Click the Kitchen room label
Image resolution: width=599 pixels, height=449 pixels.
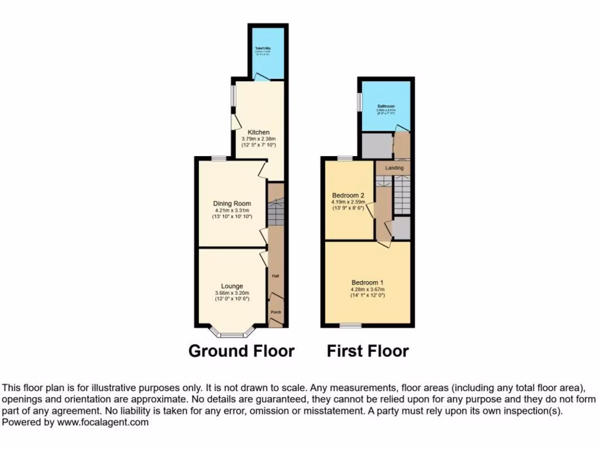coord(258,132)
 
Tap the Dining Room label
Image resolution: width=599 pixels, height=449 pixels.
coord(232,204)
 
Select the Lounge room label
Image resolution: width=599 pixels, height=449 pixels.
coord(232,286)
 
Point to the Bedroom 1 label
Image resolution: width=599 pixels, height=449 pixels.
coord(367,281)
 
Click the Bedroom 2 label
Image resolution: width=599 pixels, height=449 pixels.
coord(348,195)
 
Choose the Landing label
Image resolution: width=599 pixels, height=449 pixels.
coord(394,168)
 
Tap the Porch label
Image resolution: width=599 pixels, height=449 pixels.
coord(276,312)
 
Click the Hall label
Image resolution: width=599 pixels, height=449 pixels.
coord(275,276)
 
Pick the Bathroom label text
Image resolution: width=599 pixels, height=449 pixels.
coord(385,106)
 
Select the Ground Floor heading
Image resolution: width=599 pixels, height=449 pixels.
coord(241,351)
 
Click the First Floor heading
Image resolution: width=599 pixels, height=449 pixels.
coord(367,351)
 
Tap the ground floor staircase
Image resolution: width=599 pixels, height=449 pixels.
coord(276,212)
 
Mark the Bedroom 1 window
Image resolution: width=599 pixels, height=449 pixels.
coord(351,325)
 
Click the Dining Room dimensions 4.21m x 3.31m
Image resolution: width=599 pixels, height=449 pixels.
coord(232,210)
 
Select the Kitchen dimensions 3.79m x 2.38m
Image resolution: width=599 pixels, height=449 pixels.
coord(258,139)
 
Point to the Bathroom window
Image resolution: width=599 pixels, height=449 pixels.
coord(359,101)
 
